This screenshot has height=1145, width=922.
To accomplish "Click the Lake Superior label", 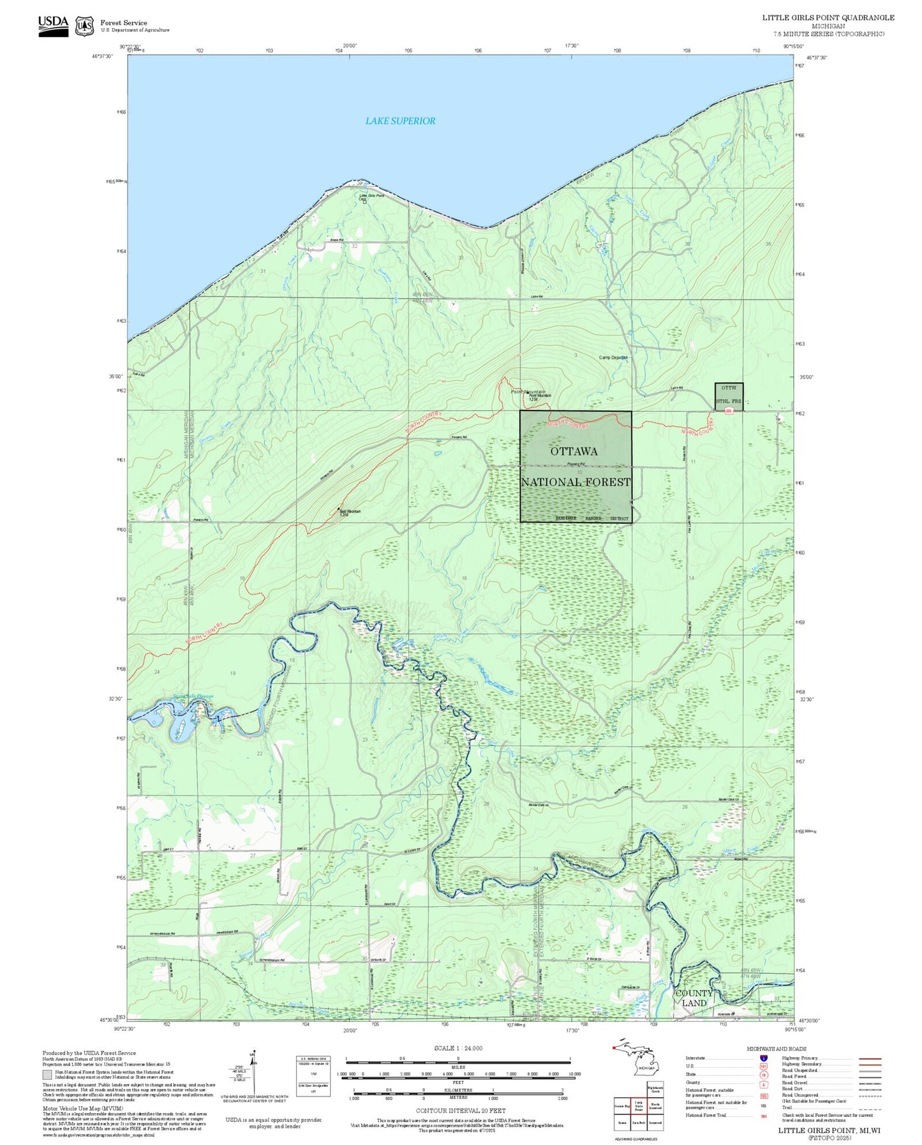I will (x=400, y=121).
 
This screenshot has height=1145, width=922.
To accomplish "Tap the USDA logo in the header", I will (x=53, y=26).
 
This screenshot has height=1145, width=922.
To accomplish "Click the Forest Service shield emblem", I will (x=84, y=26).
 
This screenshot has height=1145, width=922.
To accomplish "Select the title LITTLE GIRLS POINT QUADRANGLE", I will (x=828, y=18).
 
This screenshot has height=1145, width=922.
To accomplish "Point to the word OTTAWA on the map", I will (x=574, y=451).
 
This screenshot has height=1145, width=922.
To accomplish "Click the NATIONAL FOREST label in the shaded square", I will (x=576, y=482).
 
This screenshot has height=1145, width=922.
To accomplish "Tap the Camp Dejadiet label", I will (x=613, y=357).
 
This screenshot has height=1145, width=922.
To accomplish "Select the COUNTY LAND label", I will (x=694, y=998).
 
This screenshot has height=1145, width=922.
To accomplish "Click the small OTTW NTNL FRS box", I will (x=729, y=394).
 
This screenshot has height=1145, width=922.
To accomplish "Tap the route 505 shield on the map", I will (x=728, y=411).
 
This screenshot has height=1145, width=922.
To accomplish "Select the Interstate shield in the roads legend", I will (x=763, y=1058).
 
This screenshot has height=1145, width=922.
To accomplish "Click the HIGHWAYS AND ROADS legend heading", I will (x=777, y=1049).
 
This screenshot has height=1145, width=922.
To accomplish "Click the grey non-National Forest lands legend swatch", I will (x=47, y=1075).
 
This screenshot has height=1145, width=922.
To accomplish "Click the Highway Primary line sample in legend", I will (x=870, y=1058).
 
